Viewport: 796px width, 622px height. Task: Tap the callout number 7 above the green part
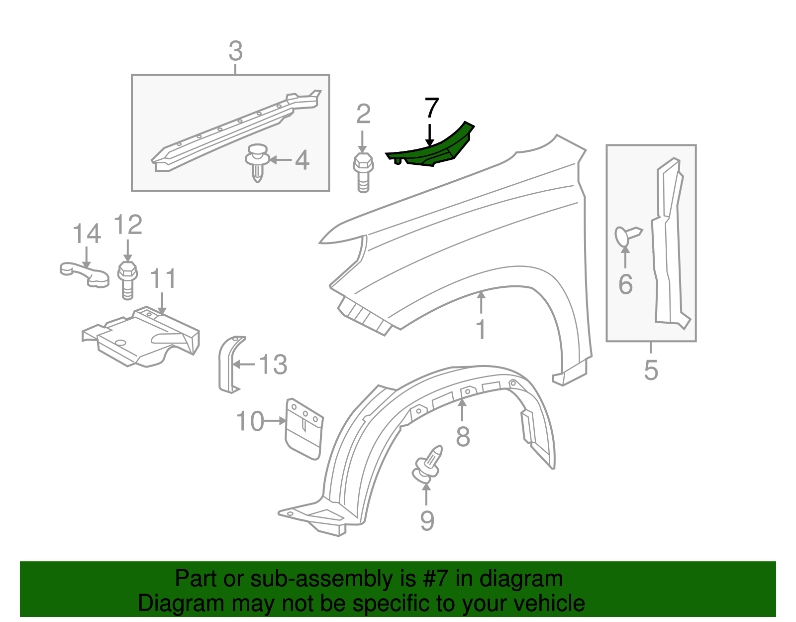(431, 109)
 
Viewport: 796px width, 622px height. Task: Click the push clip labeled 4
(257, 162)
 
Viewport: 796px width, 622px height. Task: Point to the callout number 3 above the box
(235, 51)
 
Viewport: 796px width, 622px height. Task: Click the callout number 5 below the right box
(651, 371)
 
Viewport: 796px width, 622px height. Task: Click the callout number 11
(163, 279)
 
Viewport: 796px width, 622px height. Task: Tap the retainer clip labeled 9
(427, 464)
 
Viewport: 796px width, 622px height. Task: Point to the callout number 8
(463, 437)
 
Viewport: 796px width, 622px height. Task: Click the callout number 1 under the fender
(481, 330)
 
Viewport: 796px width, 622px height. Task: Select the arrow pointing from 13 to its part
(244, 365)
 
